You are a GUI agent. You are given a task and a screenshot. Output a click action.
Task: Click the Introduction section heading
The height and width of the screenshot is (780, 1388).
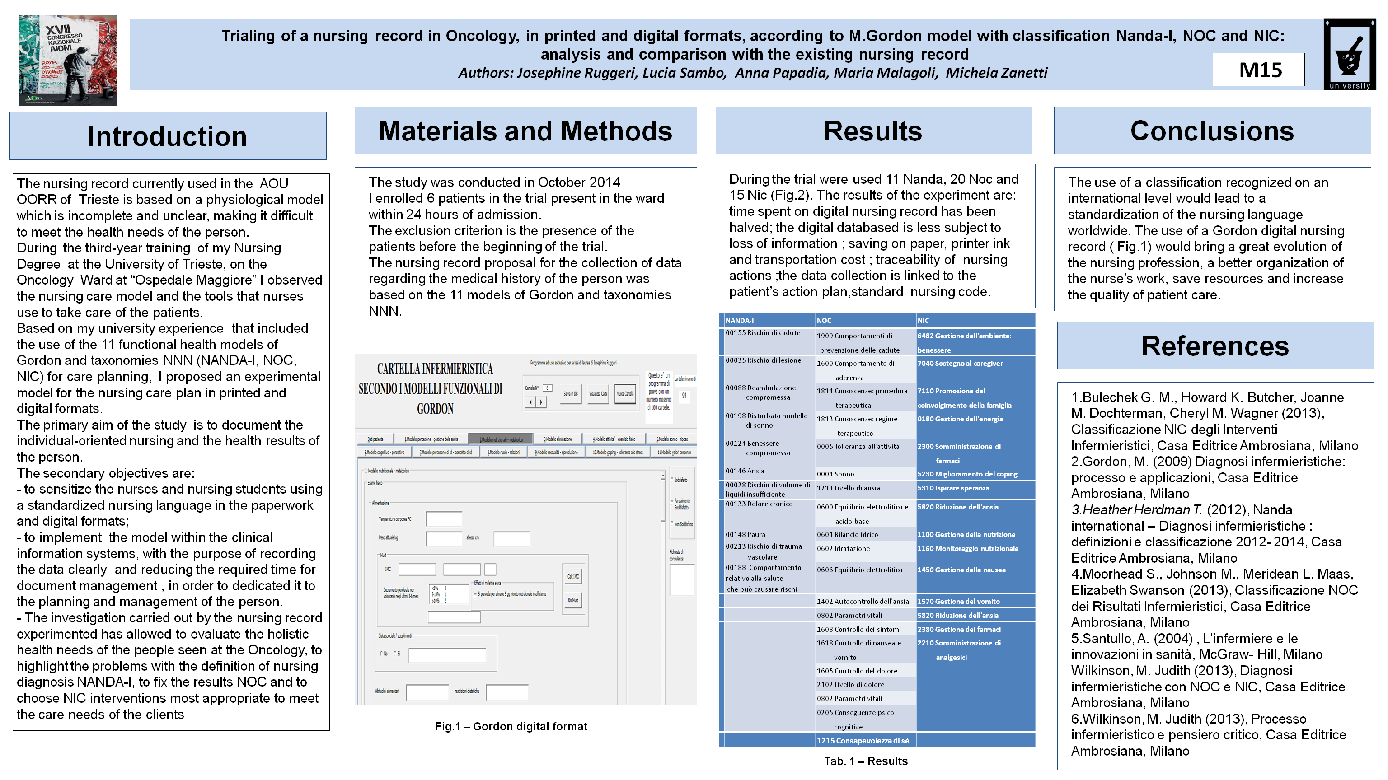pyautogui.click(x=168, y=136)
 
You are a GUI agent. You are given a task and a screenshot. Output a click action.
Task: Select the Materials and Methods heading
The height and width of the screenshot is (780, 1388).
pyautogui.click(x=525, y=131)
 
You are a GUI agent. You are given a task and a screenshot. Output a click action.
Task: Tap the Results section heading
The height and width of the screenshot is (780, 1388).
pyautogui.click(x=873, y=131)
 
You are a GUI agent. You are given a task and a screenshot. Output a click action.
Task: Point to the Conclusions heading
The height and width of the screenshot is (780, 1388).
pyautogui.click(x=1212, y=131)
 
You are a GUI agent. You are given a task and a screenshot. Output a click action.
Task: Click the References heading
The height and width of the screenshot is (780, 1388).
pyautogui.click(x=1215, y=346)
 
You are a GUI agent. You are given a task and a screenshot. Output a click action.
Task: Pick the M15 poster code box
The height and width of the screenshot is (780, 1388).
pyautogui.click(x=1259, y=70)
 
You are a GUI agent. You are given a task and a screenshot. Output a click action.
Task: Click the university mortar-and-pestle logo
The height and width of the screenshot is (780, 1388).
pyautogui.click(x=1349, y=54)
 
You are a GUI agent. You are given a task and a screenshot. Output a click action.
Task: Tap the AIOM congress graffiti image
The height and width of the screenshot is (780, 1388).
pyautogui.click(x=68, y=60)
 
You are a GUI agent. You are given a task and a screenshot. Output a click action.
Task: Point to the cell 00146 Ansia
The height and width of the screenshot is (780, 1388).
pyautogui.click(x=745, y=471)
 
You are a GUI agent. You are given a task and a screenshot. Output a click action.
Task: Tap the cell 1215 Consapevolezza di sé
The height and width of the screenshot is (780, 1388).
pyautogui.click(x=863, y=741)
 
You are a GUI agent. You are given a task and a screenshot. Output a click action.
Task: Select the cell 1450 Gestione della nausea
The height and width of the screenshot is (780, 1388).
pyautogui.click(x=961, y=570)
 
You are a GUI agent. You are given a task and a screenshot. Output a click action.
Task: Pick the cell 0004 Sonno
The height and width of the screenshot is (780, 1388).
pyautogui.click(x=835, y=474)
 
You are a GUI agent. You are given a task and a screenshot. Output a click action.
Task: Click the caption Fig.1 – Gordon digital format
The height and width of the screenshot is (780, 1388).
pyautogui.click(x=511, y=727)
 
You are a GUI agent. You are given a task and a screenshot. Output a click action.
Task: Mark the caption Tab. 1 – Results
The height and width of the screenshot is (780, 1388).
pyautogui.click(x=865, y=761)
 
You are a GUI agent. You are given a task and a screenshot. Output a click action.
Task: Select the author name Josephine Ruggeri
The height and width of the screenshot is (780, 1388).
pyautogui.click(x=576, y=73)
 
